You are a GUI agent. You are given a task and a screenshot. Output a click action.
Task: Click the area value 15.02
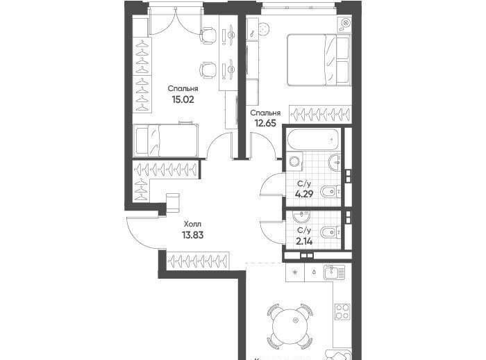pos(183,99)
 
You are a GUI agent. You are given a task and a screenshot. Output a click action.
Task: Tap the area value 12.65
pos(265,123)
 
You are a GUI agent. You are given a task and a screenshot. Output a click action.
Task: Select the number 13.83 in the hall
pos(193,235)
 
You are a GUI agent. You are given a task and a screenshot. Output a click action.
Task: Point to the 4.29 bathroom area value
pos(304,194)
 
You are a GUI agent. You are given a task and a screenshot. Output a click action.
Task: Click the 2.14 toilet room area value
pos(304,241)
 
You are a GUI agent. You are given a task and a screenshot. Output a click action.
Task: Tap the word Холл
pos(192,224)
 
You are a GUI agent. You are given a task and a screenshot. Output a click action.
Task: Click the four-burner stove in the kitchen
pos(342,312)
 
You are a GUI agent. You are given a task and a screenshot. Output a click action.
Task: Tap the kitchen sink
pos(334,272)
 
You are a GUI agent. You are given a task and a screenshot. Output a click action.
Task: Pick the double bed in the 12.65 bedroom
pos(319,60)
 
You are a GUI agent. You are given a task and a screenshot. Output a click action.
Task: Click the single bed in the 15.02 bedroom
pos(167,140)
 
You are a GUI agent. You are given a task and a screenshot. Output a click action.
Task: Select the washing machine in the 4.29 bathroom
pos(294,161)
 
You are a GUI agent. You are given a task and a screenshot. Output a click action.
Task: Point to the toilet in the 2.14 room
pos(330,232)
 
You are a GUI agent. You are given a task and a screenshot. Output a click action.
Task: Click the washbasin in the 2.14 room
pos(301,218)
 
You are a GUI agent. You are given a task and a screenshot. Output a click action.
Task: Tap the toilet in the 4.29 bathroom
pos(330,192)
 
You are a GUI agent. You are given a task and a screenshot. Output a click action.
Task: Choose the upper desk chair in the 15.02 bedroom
pos(208,35)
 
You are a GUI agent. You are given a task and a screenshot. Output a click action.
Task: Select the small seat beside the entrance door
pos(173,203)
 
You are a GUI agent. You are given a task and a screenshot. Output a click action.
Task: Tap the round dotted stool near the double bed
pos(263,29)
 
